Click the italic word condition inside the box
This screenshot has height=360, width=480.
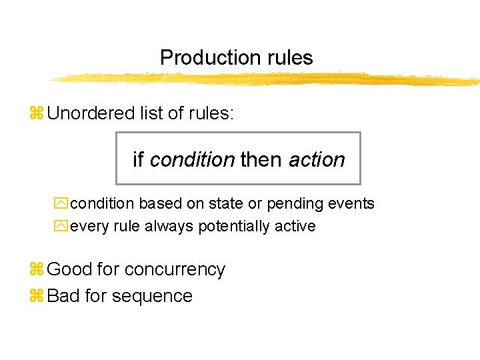point(192,160)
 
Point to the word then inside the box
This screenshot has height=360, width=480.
point(262,160)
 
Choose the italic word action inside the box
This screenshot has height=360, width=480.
point(317,160)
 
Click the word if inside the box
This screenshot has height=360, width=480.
point(139,160)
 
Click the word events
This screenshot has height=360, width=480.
point(351,203)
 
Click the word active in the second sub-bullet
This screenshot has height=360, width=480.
point(298,226)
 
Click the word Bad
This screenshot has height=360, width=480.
point(63,296)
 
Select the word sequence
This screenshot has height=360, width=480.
point(153,297)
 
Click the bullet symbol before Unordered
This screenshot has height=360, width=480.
point(37,114)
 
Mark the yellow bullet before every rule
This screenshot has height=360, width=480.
point(62,227)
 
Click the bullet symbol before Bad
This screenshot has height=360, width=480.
point(37,297)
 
